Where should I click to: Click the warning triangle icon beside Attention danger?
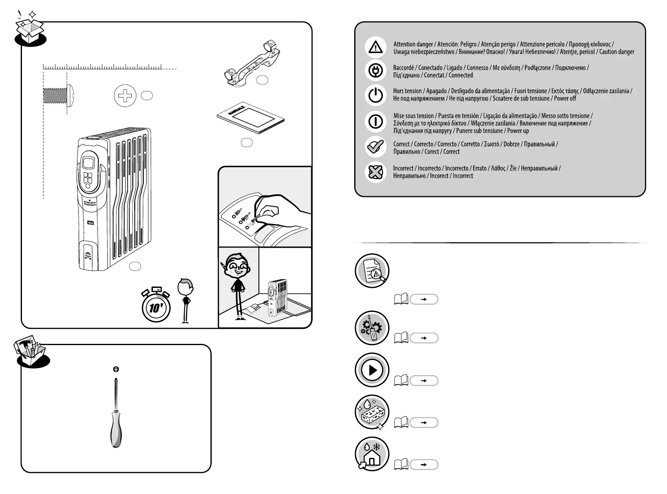pos(375,47)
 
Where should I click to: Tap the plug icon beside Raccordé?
pos(375,71)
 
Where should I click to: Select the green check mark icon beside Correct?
pos(375,147)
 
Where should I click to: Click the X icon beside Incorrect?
pos(375,172)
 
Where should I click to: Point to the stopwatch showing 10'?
pos(156,307)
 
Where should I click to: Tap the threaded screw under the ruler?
pos(58,95)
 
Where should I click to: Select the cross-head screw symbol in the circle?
pos(125,96)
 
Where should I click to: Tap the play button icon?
pos(372,370)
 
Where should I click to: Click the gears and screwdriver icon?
pos(372,328)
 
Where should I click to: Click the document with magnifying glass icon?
pos(372,270)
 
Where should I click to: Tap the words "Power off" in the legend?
pos(565,99)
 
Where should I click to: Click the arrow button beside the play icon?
pos(423,380)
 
